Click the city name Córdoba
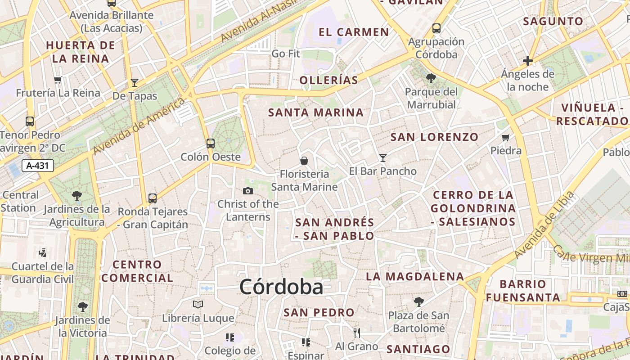pos(281,287)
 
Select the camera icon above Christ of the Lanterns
pos(247,191)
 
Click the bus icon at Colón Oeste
pos(211,144)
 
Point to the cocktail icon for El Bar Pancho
pos(383,157)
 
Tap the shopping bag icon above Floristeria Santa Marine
pos(304,160)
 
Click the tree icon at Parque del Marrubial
pos(431,78)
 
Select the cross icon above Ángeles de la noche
pos(528,60)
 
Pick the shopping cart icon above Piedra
pos(506,137)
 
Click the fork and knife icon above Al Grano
pos(357,333)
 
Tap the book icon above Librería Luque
pos(198,305)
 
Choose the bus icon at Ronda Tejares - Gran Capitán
pos(153,198)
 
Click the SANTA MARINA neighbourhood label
pos(316,112)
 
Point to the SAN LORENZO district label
pos(434,137)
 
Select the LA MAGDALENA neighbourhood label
pos(415,276)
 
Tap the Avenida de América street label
pos(139,125)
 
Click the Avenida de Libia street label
pos(544,225)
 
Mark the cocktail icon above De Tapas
pos(135,82)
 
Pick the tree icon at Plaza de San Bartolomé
pos(418,301)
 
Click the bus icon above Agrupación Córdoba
pos(436,28)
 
